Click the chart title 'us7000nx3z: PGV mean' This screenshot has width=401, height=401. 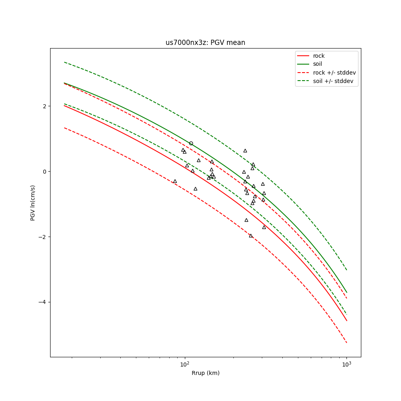pyautogui.click(x=205, y=43)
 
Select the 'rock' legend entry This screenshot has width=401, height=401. pyautogui.click(x=319, y=56)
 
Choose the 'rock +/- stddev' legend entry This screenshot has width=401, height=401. pyautogui.click(x=334, y=73)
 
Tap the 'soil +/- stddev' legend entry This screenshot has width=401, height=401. pyautogui.click(x=334, y=81)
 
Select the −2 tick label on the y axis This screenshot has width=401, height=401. pyautogui.click(x=42, y=237)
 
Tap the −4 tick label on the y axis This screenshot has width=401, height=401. pyautogui.click(x=42, y=302)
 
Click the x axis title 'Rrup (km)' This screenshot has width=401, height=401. pyautogui.click(x=205, y=373)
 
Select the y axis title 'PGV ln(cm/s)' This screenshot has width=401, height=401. pyautogui.click(x=33, y=203)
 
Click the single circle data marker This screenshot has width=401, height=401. pyautogui.click(x=191, y=143)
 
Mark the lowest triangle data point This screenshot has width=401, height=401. pyautogui.click(x=251, y=236)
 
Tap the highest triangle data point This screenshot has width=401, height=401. pyautogui.click(x=245, y=151)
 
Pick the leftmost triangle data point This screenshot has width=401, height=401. pyautogui.click(x=175, y=181)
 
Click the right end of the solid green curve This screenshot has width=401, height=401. pyautogui.click(x=346, y=292)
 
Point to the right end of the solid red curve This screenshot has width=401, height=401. pyautogui.click(x=346, y=320)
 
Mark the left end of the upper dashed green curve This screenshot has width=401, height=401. pyautogui.click(x=64, y=62)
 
